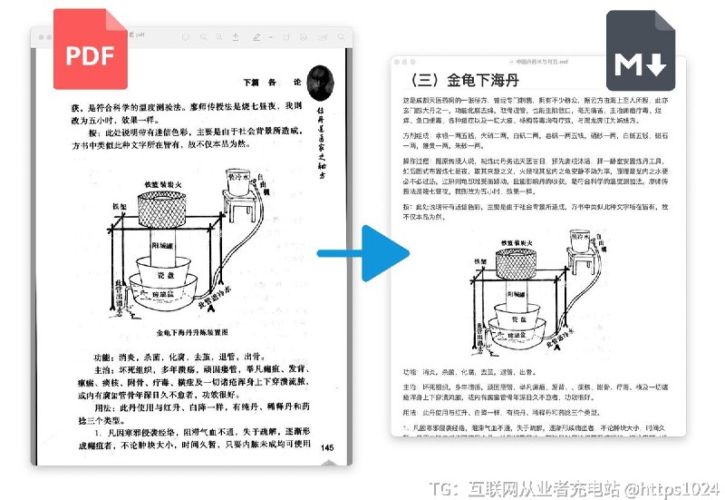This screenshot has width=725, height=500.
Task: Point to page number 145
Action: pos(327,447)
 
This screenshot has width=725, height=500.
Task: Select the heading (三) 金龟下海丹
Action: pos(462,79)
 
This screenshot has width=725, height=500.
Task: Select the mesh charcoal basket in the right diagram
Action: pos(510,270)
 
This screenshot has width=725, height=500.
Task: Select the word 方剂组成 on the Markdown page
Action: pos(416,132)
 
